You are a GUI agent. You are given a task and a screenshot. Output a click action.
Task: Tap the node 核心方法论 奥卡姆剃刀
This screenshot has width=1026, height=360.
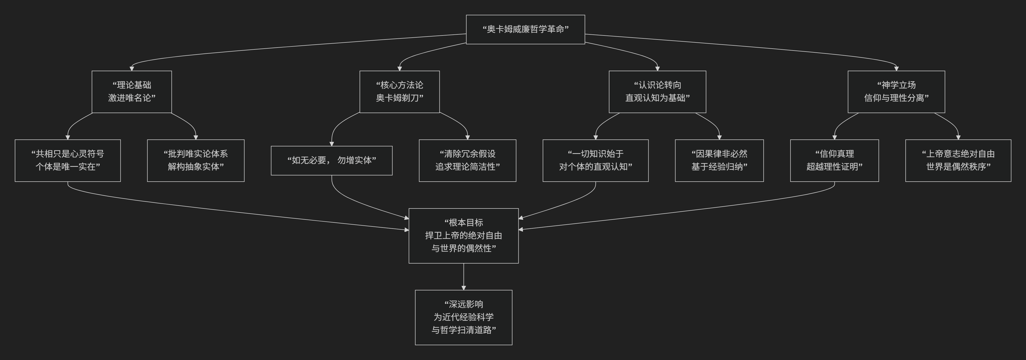pyautogui.click(x=399, y=92)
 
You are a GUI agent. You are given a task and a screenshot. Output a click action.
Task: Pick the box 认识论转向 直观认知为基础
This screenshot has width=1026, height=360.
pyautogui.click(x=657, y=92)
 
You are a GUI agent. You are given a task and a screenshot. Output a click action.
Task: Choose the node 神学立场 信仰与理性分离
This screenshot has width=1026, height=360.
pyautogui.click(x=896, y=92)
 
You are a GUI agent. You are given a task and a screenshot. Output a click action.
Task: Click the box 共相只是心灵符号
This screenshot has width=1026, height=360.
pyautogui.click(x=68, y=160)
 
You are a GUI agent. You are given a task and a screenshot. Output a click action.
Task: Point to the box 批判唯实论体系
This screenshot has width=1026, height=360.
pyautogui.click(x=196, y=160)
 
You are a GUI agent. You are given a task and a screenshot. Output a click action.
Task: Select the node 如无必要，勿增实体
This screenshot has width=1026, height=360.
pyautogui.click(x=331, y=160)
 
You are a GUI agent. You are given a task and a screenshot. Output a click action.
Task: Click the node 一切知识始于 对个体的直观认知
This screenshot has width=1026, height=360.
pyautogui.click(x=595, y=160)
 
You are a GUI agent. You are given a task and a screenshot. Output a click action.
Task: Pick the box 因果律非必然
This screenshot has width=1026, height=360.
pyautogui.click(x=719, y=160)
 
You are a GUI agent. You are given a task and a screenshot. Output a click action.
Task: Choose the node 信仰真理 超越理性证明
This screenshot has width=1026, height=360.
pyautogui.click(x=834, y=160)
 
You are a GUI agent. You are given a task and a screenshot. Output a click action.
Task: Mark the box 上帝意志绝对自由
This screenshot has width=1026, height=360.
pyautogui.click(x=958, y=160)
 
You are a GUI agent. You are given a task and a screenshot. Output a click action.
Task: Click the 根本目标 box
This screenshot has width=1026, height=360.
pyautogui.click(x=464, y=235)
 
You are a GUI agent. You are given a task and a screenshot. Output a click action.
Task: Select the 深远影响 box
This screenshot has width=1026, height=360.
pyautogui.click(x=464, y=317)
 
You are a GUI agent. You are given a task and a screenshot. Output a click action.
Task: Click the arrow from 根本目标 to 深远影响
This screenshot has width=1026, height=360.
pyautogui.click(x=464, y=276)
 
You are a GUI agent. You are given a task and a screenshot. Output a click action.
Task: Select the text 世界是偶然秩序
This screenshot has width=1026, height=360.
pyautogui.click(x=958, y=167)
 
